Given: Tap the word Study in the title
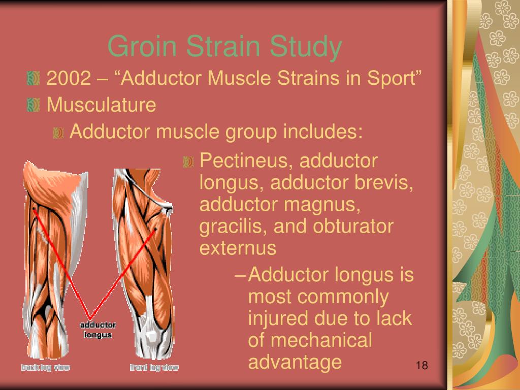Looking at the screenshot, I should click(306, 47).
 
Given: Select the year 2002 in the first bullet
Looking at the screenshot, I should click(69, 78).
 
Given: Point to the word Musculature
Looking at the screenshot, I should click(101, 105).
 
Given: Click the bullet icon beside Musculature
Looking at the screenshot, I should click(33, 105).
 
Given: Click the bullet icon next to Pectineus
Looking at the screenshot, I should click(188, 161).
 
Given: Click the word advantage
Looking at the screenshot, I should click(295, 362).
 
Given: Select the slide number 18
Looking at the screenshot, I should click(422, 366).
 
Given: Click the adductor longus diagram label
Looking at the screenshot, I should click(98, 330).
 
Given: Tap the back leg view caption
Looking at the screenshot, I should click(46, 367).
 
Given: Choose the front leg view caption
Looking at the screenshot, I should click(153, 367).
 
